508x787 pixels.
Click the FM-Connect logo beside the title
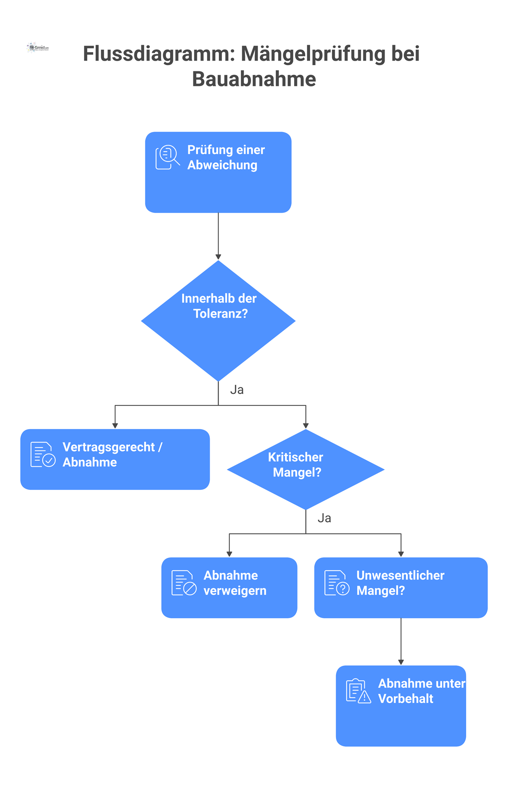(x=37, y=48)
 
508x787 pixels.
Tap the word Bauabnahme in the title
(x=254, y=79)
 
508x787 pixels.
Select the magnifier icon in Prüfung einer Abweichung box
(x=168, y=157)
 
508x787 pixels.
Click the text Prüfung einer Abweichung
(x=226, y=157)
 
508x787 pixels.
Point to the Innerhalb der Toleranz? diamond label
(x=219, y=306)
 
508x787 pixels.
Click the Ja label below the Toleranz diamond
(x=237, y=390)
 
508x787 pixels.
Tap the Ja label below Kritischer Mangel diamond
(x=324, y=518)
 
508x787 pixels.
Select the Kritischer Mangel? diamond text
(x=296, y=465)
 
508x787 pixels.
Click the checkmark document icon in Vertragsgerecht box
(x=43, y=455)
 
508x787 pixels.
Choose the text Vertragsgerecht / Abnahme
(x=112, y=455)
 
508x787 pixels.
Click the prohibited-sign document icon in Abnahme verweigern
(x=184, y=583)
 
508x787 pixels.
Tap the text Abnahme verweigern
(x=235, y=583)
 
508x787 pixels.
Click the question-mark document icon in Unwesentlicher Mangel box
(x=336, y=583)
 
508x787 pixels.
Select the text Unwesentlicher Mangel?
(x=400, y=583)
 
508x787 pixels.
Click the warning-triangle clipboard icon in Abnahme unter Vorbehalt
(x=358, y=691)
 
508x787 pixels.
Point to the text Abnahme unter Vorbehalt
(x=421, y=691)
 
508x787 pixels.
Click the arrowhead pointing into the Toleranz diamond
(x=218, y=257)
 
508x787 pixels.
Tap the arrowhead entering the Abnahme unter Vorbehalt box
(x=401, y=662)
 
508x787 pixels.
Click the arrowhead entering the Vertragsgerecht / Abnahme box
(x=115, y=425)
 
